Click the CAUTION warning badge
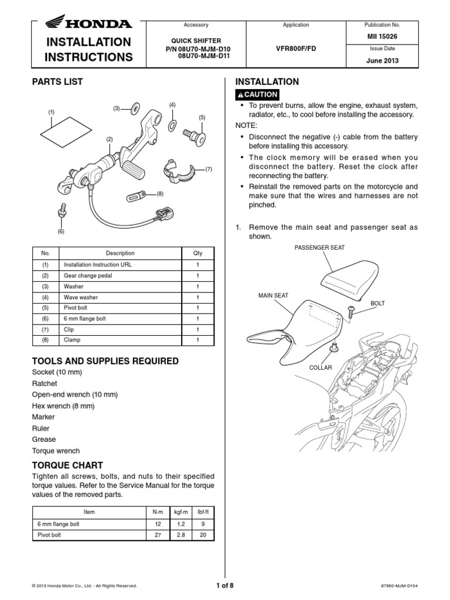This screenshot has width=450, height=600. click(x=257, y=95)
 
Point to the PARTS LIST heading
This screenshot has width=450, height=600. click(x=57, y=82)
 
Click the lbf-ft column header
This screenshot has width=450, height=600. click(x=202, y=512)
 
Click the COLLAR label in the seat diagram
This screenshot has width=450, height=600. click(x=321, y=367)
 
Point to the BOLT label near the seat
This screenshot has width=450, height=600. click(x=378, y=304)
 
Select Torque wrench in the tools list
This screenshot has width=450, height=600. click(x=56, y=451)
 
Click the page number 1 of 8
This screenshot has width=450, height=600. click(x=224, y=585)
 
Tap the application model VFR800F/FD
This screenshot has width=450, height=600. click(x=296, y=49)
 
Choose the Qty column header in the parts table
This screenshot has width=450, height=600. click(x=197, y=253)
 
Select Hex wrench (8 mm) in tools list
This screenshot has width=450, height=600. click(x=63, y=405)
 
